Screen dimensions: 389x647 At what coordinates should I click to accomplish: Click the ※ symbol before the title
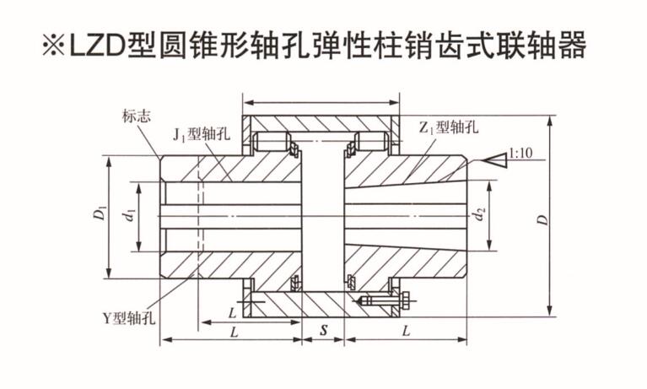(x=55, y=46)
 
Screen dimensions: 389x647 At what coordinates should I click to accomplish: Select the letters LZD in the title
(x=100, y=46)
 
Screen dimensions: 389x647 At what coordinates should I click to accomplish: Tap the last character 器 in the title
(x=572, y=46)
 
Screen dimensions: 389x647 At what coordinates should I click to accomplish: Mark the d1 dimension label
(x=129, y=216)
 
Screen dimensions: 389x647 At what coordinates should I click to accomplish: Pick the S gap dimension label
(x=323, y=331)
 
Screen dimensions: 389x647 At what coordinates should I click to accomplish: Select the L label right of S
(x=407, y=331)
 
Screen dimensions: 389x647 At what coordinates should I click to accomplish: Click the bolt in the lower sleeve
(x=384, y=300)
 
